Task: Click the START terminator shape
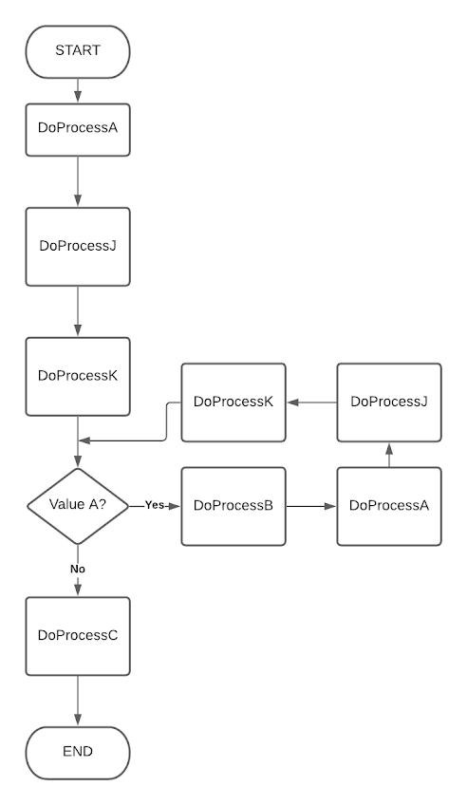coord(77,51)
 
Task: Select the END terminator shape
coord(77,752)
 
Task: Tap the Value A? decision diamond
coord(77,505)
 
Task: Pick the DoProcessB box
coord(233,506)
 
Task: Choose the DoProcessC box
coord(77,635)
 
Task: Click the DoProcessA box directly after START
coord(77,128)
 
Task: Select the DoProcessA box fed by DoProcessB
coord(388,506)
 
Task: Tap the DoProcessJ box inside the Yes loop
coord(388,402)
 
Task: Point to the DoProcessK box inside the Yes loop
coord(233,402)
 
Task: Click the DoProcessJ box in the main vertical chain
coord(77,245)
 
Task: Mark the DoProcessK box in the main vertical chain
coord(77,376)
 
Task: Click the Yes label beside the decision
coord(155,505)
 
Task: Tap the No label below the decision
coord(77,568)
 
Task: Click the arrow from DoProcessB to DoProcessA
coord(311,506)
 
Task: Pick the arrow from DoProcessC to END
coord(77,700)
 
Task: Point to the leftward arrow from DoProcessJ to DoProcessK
coord(311,402)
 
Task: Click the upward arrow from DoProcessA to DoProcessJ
coord(388,454)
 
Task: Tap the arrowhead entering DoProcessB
coord(175,506)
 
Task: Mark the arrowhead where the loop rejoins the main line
coord(84,440)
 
